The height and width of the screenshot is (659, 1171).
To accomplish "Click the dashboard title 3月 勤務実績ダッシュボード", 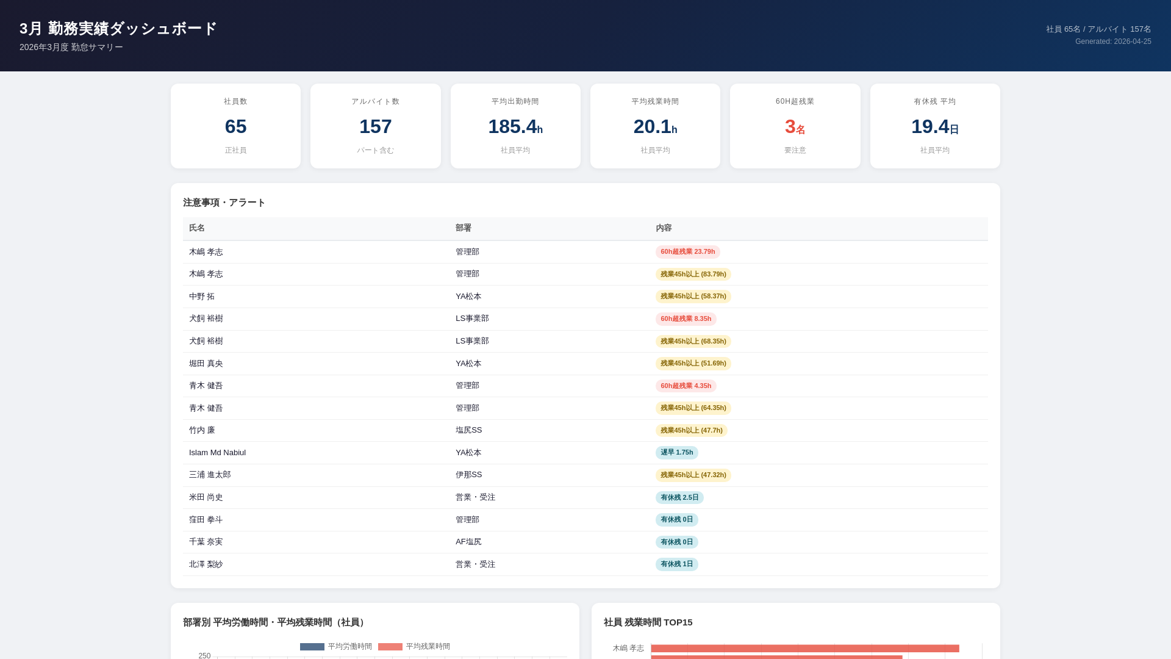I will coord(118,29).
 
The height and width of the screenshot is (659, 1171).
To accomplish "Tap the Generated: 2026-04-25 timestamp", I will coord(1112,41).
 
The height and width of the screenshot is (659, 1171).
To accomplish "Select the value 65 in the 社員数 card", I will coord(235,126).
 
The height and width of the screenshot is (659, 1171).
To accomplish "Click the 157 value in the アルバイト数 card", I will coord(375,126).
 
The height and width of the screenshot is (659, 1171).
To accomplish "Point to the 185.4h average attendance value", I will coord(515,126).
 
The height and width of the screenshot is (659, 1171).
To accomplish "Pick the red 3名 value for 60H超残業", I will coord(794,126).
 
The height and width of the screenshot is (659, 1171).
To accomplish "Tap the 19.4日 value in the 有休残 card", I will coord(934,126).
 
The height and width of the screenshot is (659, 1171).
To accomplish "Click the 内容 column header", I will coord(664,228).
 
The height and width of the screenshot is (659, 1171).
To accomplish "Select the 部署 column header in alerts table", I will coord(463,228).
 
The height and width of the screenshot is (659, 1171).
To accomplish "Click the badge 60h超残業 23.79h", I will coord(687,251).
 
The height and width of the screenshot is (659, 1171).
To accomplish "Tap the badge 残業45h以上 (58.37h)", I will coord(693,296).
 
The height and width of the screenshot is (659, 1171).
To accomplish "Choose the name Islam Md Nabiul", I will coord(217,452).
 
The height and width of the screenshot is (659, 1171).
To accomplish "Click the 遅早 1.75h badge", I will coord(676,452).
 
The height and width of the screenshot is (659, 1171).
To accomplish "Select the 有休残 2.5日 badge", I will coord(679,497).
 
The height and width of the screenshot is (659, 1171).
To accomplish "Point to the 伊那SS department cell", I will coord(468,474).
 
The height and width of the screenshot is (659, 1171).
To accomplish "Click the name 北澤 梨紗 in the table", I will coord(206,564).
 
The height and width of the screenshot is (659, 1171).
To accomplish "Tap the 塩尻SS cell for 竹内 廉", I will coord(468,430).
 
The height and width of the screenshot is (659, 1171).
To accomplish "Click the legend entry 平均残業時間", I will coord(414,646).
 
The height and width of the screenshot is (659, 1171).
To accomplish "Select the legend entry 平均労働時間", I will coord(336,646).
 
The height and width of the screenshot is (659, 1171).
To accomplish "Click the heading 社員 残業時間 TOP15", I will coord(648,622).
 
